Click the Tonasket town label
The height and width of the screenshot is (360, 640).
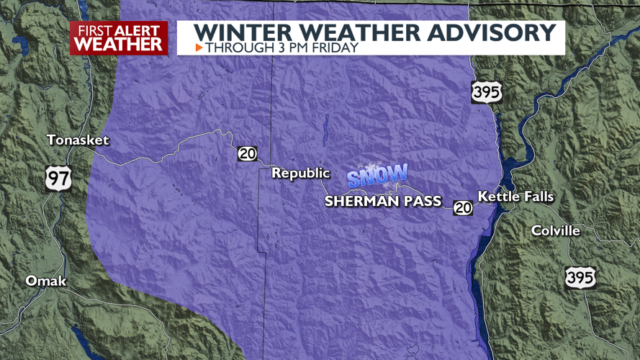(77, 140)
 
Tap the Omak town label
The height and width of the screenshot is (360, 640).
(45, 281)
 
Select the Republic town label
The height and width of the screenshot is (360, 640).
(300, 173)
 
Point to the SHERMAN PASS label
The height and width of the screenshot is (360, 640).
(382, 202)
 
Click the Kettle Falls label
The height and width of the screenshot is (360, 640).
(516, 197)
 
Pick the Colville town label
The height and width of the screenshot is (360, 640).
(555, 230)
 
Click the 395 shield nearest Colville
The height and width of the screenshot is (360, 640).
(580, 276)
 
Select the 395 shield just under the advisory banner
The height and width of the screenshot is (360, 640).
(487, 92)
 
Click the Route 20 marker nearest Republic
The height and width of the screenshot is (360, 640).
(248, 153)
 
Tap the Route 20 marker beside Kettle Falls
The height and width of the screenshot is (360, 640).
(463, 207)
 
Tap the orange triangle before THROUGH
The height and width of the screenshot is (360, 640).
(199, 48)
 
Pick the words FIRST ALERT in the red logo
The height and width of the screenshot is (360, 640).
(119, 30)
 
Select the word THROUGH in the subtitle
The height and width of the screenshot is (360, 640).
(233, 48)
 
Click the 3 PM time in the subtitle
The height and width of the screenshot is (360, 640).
(284, 48)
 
